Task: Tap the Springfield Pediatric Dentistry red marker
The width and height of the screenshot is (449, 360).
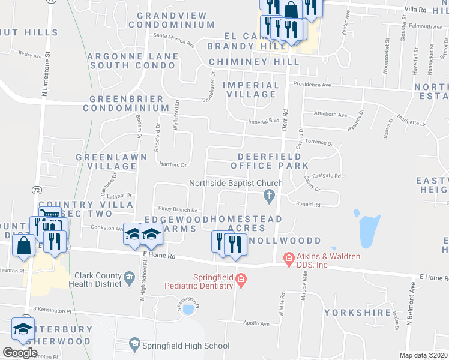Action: click(x=241, y=279)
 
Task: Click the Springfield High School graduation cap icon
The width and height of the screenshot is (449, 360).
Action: click(x=135, y=345)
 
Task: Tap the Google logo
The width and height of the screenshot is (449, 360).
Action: click(x=20, y=352)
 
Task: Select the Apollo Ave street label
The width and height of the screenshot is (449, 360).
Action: click(x=256, y=324)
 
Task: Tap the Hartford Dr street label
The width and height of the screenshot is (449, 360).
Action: click(x=173, y=164)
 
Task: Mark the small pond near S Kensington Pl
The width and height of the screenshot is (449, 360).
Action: click(x=188, y=310)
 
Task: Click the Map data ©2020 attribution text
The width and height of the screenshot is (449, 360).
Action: click(x=423, y=355)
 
